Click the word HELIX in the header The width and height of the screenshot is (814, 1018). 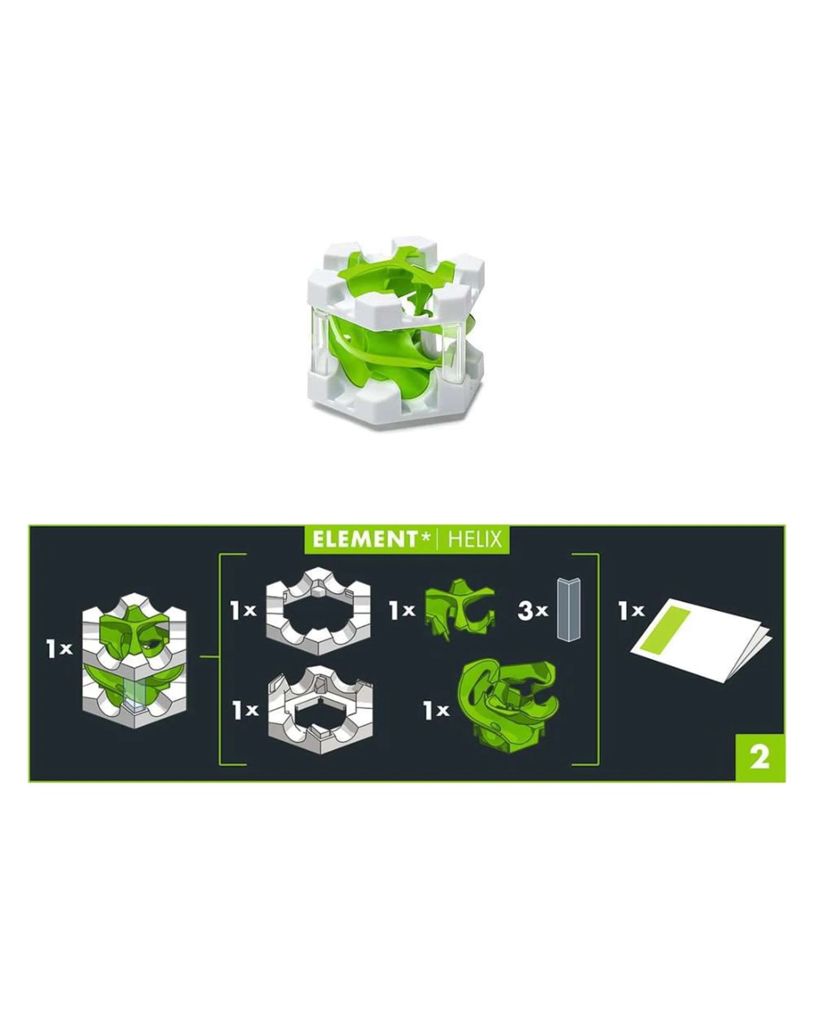[x=474, y=539]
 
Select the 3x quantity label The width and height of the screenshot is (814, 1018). [x=533, y=610]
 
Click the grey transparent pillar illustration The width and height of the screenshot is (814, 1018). [x=569, y=609]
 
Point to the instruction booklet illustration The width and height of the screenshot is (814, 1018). [x=701, y=640]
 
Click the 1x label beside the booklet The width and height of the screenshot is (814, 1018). [x=631, y=610]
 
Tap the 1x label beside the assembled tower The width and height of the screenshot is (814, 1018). [x=59, y=649]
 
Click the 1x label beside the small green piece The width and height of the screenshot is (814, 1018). [x=402, y=610]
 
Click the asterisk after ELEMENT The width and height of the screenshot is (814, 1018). [x=426, y=537]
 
